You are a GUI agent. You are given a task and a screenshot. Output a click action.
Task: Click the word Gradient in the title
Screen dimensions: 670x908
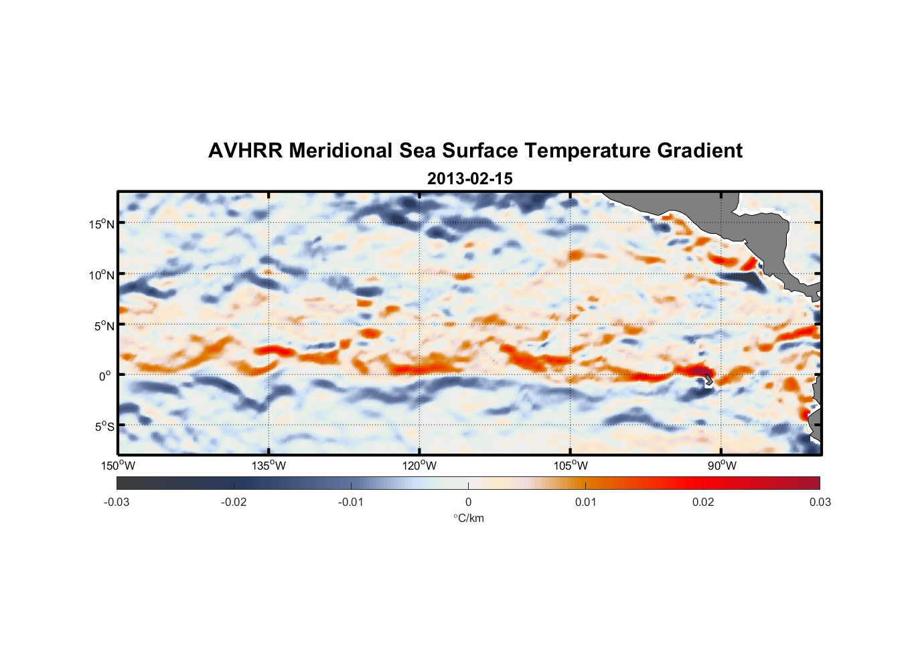click(x=700, y=151)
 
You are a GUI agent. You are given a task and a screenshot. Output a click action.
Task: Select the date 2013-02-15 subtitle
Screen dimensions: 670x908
click(x=469, y=179)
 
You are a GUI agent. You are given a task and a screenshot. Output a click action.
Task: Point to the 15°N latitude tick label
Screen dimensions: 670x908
click(x=102, y=224)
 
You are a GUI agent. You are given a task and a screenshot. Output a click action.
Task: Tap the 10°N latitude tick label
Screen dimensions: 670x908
click(x=102, y=275)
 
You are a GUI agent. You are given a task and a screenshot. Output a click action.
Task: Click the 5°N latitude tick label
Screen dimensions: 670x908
click(x=104, y=326)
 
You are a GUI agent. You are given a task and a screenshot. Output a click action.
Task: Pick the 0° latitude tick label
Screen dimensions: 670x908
click(x=105, y=376)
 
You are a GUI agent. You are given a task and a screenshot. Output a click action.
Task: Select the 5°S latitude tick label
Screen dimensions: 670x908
click(x=104, y=427)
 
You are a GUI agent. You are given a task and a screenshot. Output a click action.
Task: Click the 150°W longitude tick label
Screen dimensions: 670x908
click(x=118, y=466)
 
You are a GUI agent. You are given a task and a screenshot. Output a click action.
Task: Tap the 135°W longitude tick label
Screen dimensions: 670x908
click(x=269, y=466)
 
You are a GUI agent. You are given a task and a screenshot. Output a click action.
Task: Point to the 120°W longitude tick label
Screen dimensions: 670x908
click(x=419, y=466)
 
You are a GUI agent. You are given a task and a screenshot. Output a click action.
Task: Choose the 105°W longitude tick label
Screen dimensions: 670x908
click(x=571, y=466)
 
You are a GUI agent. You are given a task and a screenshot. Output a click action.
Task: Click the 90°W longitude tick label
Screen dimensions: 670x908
click(x=722, y=466)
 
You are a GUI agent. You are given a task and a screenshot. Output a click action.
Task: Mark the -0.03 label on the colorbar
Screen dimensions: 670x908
click(x=117, y=502)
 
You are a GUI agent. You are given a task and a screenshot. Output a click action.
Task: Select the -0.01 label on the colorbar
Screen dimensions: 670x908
click(x=351, y=502)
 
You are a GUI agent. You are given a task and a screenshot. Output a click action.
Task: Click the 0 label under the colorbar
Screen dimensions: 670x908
click(x=468, y=502)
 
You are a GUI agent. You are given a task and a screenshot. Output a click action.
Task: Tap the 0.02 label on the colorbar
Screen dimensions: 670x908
click(x=703, y=502)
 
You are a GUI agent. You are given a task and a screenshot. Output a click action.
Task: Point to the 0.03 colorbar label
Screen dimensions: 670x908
click(x=820, y=502)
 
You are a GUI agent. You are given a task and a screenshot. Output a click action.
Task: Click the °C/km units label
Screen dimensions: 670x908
click(x=468, y=518)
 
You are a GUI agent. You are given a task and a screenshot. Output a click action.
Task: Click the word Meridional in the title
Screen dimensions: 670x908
click(x=342, y=151)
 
